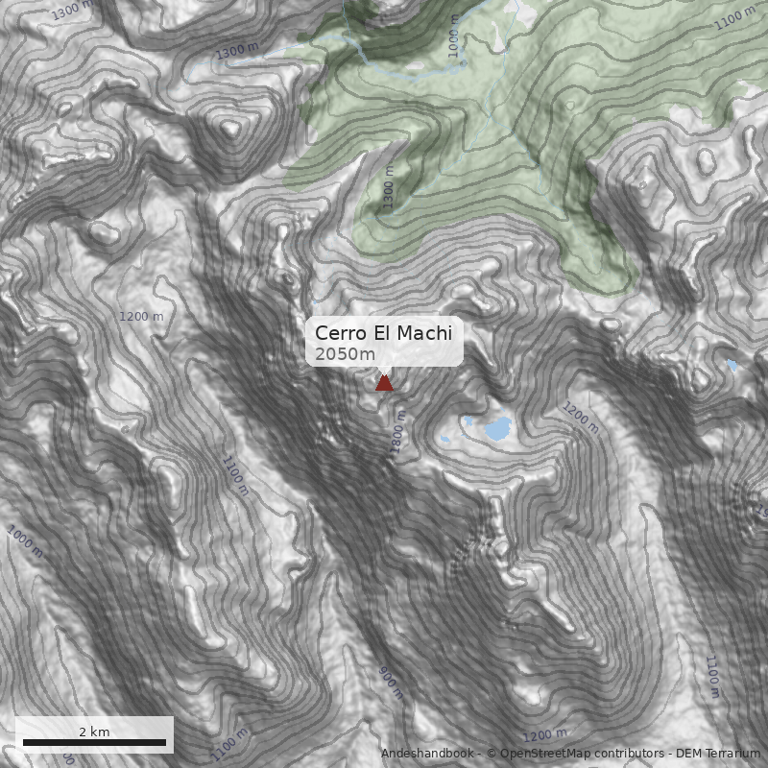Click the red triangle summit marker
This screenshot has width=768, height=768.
pos(384,383)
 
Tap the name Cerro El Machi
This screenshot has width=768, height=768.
pos(383,333)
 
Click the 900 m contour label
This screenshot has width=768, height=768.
pos(389,683)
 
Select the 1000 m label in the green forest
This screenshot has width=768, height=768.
pos(454,36)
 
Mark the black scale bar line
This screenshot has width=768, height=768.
pos(94,742)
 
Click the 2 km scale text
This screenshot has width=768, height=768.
pos(94,732)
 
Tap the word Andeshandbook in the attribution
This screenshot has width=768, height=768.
pos(427,754)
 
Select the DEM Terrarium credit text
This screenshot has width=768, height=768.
pos(718,754)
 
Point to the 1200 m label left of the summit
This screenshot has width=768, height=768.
pos(141,316)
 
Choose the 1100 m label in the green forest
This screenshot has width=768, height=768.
pos(735,17)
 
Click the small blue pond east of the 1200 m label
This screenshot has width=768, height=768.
pos(732,365)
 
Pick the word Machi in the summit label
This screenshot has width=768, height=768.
pos(424,333)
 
